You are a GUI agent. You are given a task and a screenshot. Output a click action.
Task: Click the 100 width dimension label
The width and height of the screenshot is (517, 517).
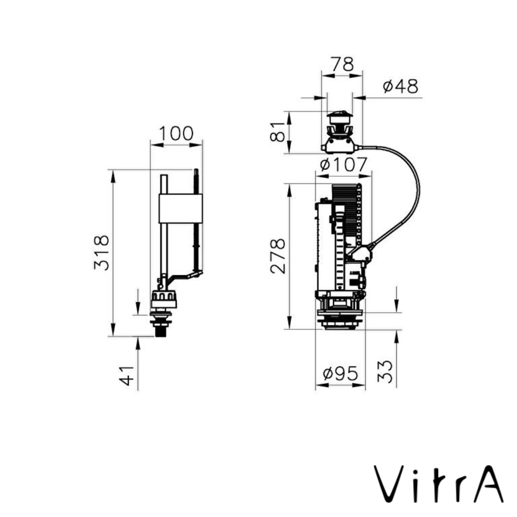point(176,134)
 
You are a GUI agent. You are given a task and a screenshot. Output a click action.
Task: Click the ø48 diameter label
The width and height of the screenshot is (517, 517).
point(401,87)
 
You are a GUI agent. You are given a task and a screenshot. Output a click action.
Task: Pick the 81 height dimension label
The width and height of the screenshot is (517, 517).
point(278,132)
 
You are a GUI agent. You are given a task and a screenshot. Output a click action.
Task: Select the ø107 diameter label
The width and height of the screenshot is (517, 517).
point(344,165)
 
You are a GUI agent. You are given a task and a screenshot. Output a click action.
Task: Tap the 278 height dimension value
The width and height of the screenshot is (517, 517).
point(278,256)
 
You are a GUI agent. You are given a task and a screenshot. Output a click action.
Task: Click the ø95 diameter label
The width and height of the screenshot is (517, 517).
point(340,374)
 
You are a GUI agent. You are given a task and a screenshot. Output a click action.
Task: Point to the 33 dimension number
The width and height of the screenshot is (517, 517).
point(385,371)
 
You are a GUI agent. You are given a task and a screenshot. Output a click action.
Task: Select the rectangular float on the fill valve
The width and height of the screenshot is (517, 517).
point(180,209)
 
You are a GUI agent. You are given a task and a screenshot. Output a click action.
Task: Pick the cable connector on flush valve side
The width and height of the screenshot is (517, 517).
point(360,254)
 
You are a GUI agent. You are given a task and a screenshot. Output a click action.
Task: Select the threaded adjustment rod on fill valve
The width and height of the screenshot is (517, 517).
point(196,220)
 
